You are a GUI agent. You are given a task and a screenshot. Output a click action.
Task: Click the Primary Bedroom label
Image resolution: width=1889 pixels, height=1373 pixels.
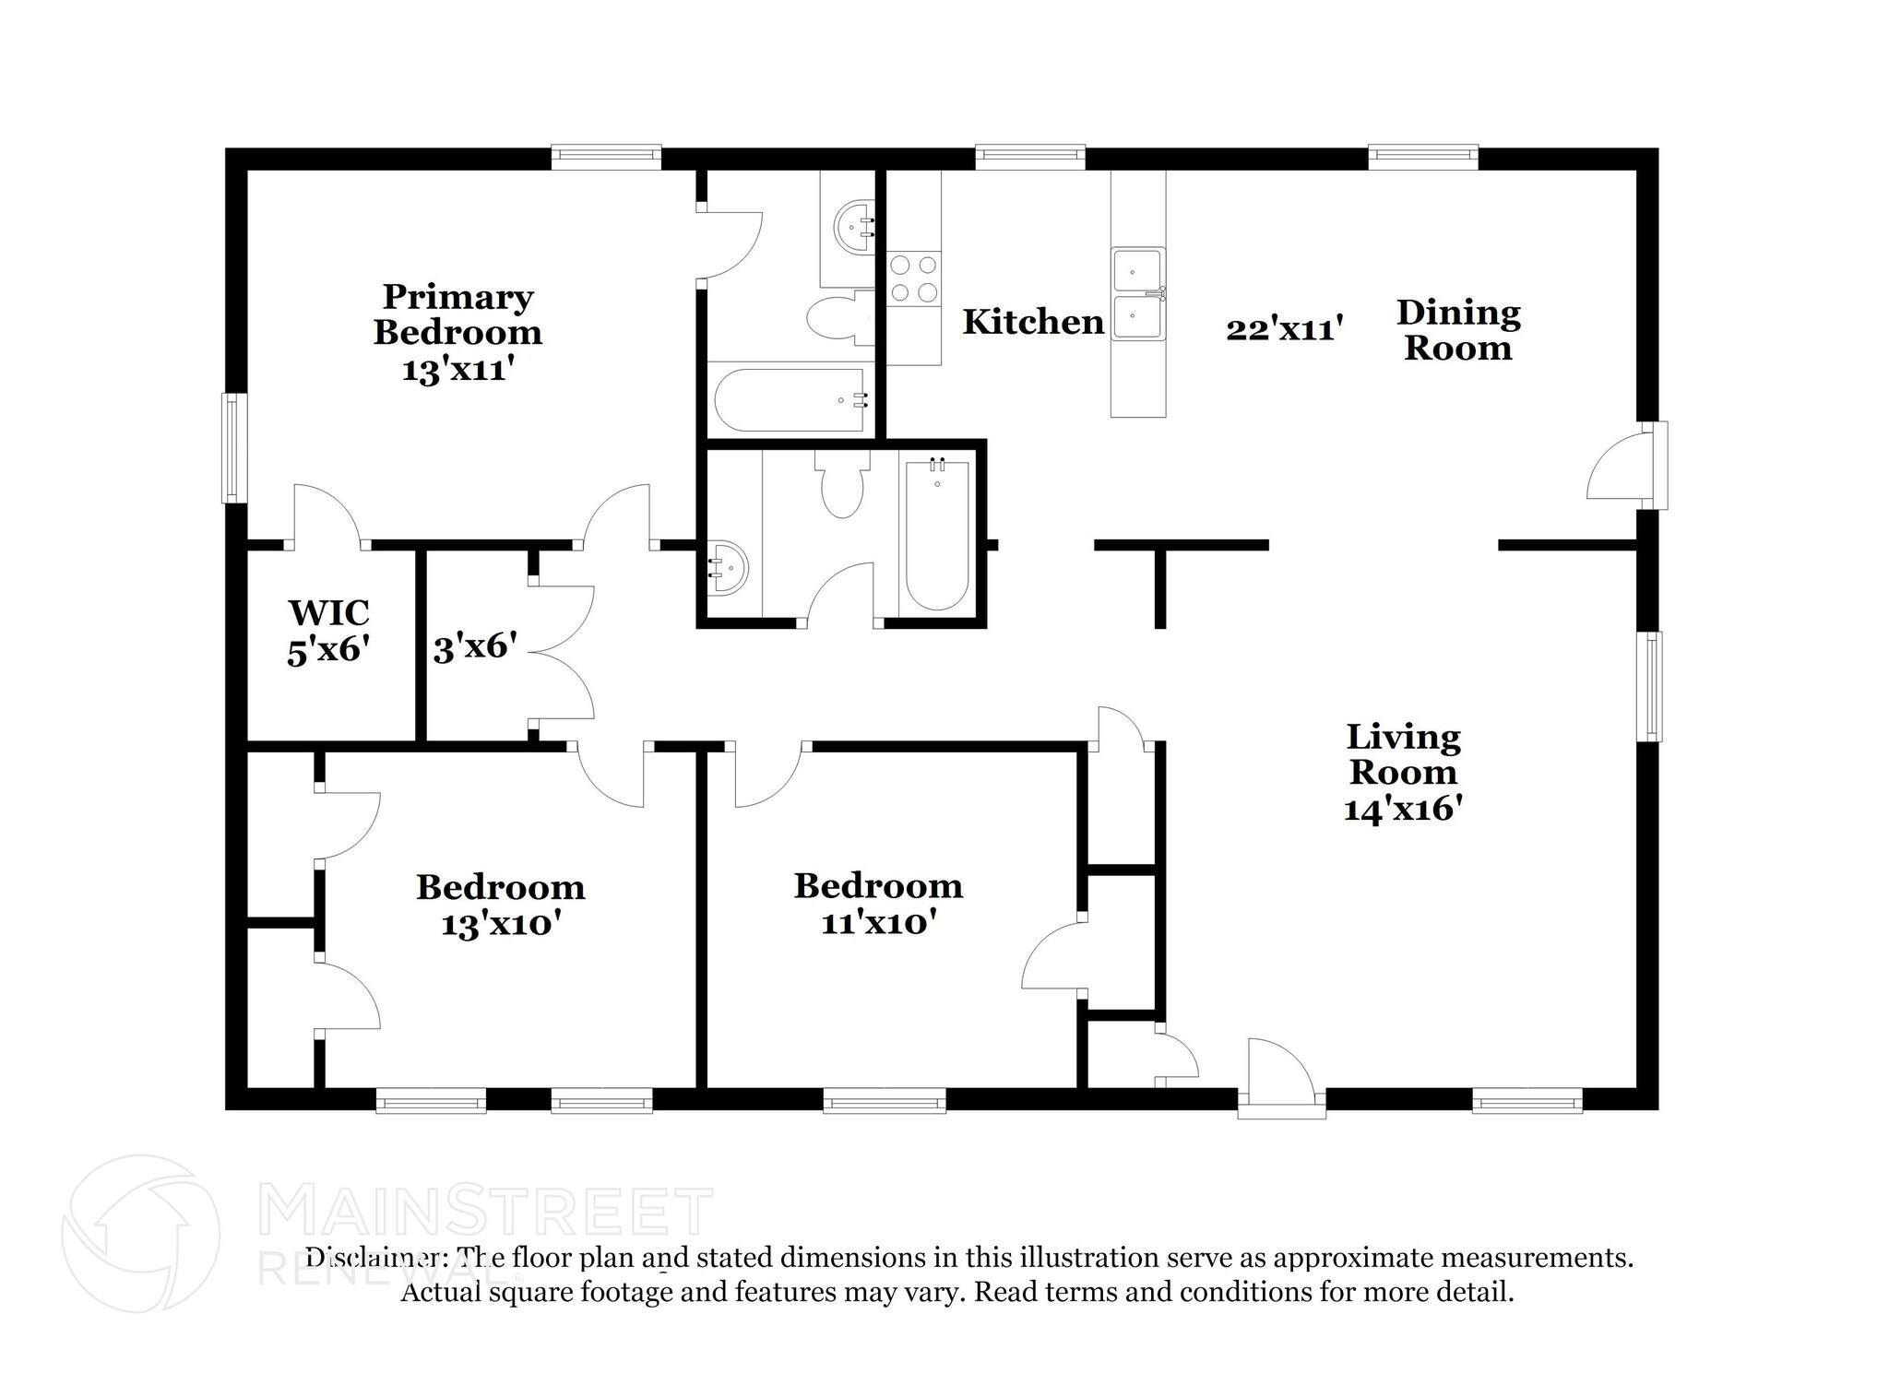click(x=457, y=332)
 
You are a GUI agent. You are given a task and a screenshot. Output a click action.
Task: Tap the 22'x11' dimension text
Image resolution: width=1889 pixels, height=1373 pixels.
click(x=1283, y=329)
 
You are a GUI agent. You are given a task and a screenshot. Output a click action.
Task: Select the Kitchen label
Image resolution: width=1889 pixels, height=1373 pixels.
click(x=1033, y=322)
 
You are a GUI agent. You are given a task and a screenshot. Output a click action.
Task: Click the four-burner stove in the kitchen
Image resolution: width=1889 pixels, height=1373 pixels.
click(x=914, y=279)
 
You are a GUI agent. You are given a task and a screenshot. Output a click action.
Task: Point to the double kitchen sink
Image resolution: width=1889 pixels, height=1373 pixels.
click(x=1138, y=294)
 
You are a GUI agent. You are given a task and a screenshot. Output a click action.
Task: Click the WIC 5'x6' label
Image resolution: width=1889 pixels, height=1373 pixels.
click(x=329, y=632)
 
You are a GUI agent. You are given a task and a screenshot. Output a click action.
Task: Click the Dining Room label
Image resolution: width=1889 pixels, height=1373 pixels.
click(x=1458, y=330)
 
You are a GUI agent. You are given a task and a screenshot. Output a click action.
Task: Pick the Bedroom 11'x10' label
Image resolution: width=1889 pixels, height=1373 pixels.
click(x=878, y=904)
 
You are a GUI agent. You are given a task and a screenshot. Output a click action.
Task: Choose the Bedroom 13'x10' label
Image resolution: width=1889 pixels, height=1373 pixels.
click(x=501, y=905)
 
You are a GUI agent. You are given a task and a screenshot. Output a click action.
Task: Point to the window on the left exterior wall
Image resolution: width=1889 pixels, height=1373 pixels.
click(x=235, y=448)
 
